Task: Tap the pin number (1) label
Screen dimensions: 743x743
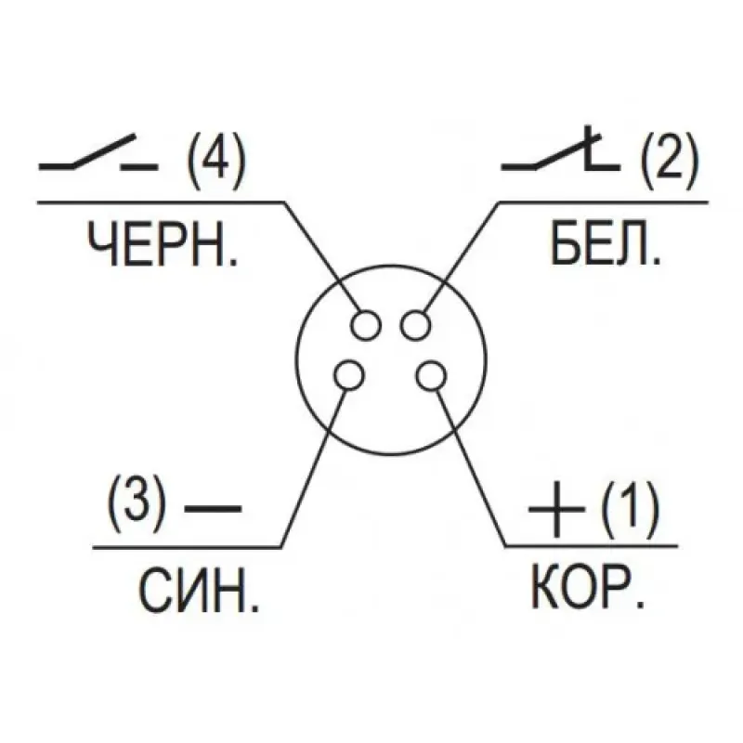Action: (630, 509)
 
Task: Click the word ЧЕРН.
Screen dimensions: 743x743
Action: (162, 245)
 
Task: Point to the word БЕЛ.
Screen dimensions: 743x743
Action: (606, 245)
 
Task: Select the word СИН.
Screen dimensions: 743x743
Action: (199, 591)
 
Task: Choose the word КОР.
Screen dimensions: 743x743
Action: (588, 587)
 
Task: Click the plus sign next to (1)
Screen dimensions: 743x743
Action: (556, 509)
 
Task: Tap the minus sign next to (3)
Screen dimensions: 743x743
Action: (213, 508)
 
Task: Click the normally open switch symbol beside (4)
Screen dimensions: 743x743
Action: (98, 152)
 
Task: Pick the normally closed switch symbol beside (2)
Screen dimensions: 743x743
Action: (561, 148)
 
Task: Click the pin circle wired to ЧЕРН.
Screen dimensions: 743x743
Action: (366, 325)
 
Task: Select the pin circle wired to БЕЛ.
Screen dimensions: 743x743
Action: (415, 325)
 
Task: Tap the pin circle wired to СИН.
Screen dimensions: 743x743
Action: (349, 375)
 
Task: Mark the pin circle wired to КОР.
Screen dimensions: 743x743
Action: (431, 375)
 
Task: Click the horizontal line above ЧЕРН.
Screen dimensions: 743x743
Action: (161, 202)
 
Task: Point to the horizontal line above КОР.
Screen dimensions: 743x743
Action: (592, 546)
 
